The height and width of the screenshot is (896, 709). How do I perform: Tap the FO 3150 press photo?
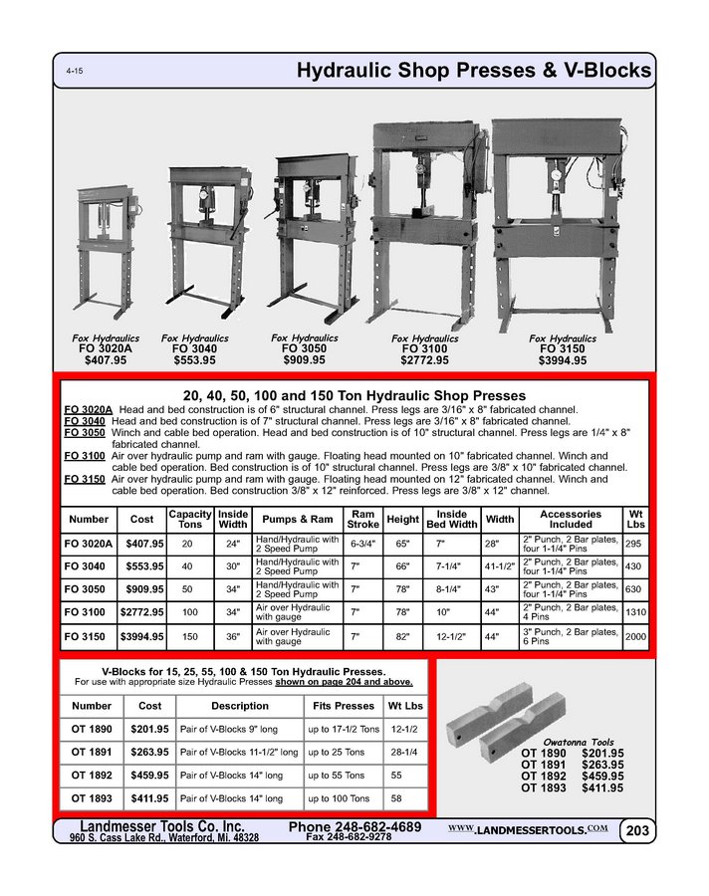(x=563, y=219)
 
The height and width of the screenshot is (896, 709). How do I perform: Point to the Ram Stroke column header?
(x=361, y=519)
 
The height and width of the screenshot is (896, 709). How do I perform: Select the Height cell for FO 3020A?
(x=402, y=545)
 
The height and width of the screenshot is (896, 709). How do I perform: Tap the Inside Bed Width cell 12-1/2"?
(x=452, y=635)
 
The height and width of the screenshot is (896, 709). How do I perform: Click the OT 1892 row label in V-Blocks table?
(x=92, y=775)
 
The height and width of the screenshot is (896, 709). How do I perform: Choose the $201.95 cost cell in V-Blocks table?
(x=149, y=729)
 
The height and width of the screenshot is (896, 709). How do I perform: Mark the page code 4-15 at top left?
(x=75, y=73)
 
